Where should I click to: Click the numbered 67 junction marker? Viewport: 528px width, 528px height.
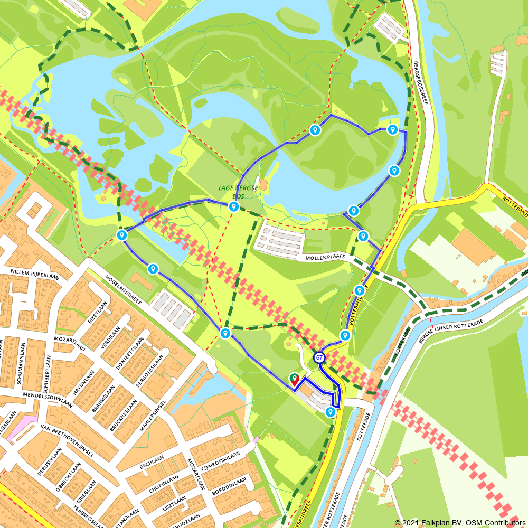[x=319, y=357]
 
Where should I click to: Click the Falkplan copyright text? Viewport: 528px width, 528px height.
[x=459, y=522]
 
